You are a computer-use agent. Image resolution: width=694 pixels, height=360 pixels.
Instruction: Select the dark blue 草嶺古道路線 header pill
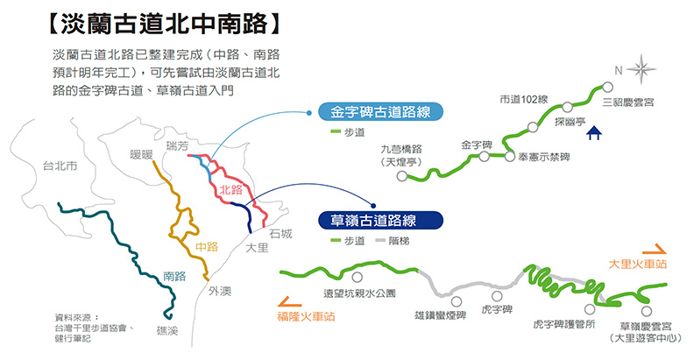pyautogui.click(x=374, y=220)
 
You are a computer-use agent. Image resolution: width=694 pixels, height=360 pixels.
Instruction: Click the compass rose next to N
pyautogui.click(x=643, y=69)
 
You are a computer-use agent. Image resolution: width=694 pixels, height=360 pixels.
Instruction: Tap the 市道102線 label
pyautogui.click(x=523, y=98)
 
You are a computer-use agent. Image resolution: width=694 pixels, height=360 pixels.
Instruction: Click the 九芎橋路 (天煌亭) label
pyautogui.click(x=401, y=156)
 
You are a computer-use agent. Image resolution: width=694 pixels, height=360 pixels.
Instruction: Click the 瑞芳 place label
pyautogui.click(x=176, y=145)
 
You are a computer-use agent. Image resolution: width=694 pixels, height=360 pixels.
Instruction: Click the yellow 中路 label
pyautogui.click(x=207, y=246)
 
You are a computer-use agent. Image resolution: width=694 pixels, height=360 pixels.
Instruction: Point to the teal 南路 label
pyautogui.click(x=175, y=275)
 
